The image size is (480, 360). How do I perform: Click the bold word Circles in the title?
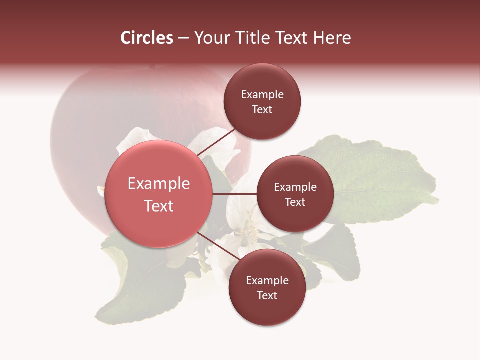tap(147, 38)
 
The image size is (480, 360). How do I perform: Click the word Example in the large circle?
tap(159, 184)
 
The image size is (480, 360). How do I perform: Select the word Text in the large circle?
tap(159, 206)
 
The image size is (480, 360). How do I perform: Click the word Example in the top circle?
tap(262, 95)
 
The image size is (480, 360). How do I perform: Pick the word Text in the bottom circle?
tap(267, 295)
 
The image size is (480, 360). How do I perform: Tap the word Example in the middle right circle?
tap(295, 187)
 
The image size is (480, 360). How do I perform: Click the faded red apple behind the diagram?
tap(100, 125)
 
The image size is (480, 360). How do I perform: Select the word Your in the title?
tap(210, 38)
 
